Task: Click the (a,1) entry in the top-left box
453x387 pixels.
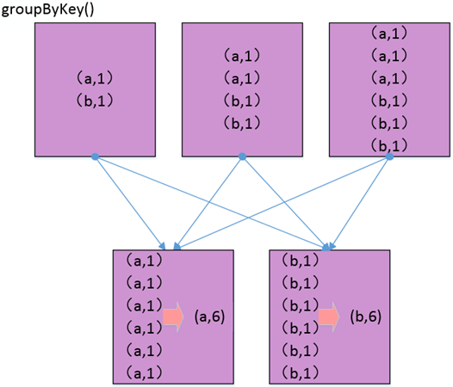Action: (93, 77)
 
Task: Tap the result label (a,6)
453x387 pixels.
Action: (209, 316)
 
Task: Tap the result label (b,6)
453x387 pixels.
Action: (365, 316)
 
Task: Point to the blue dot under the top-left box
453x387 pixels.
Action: (95, 157)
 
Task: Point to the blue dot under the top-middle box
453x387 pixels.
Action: (242, 157)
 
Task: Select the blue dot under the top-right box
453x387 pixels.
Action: (389, 157)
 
